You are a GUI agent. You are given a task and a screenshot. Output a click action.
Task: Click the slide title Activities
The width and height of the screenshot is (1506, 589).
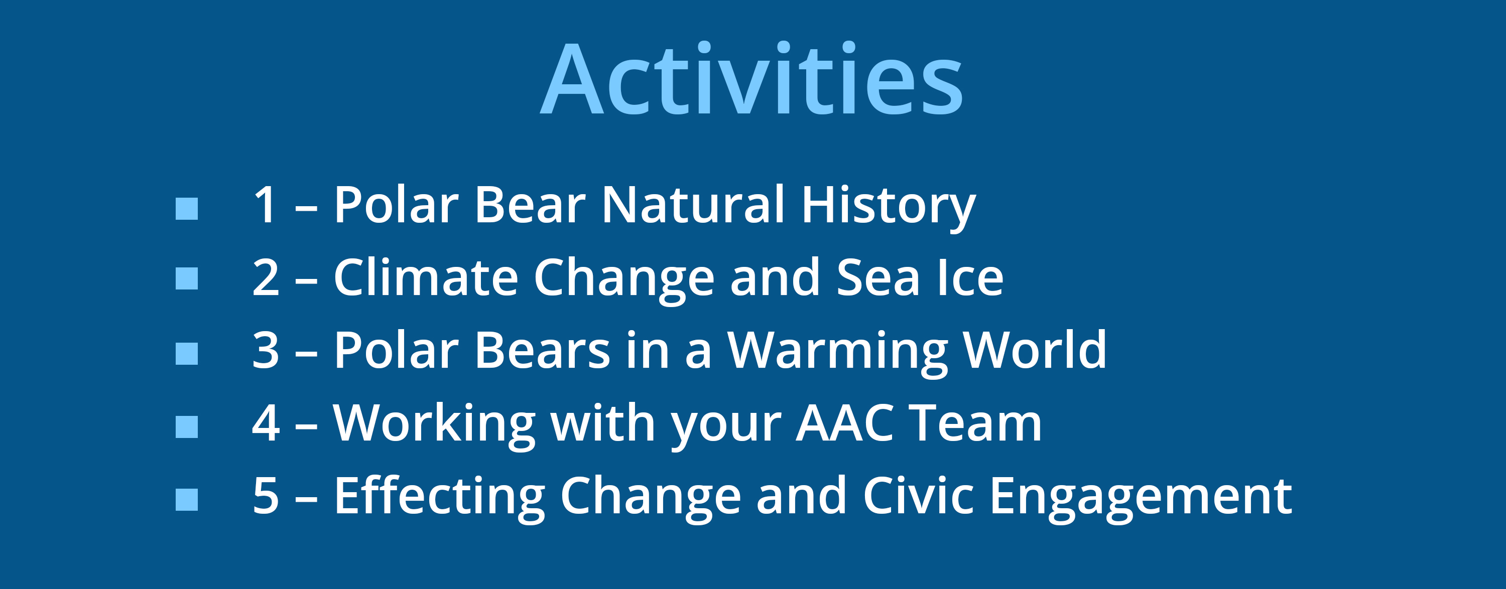tap(751, 78)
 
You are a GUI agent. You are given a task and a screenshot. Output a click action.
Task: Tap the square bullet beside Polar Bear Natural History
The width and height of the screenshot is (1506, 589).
tap(187, 209)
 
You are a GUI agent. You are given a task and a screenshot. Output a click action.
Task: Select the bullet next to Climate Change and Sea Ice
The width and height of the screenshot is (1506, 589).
tap(187, 278)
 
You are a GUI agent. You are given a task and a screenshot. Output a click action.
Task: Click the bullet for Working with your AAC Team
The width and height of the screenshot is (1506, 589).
tap(187, 426)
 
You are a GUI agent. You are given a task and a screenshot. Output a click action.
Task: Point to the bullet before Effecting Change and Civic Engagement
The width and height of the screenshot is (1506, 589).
tap(187, 500)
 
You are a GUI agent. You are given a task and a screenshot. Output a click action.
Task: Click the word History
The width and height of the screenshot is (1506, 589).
tap(889, 207)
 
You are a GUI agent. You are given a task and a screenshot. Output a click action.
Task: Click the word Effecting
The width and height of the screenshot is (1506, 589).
tap(440, 498)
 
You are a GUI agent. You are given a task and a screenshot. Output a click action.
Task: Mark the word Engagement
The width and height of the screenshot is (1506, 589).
tap(1141, 498)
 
